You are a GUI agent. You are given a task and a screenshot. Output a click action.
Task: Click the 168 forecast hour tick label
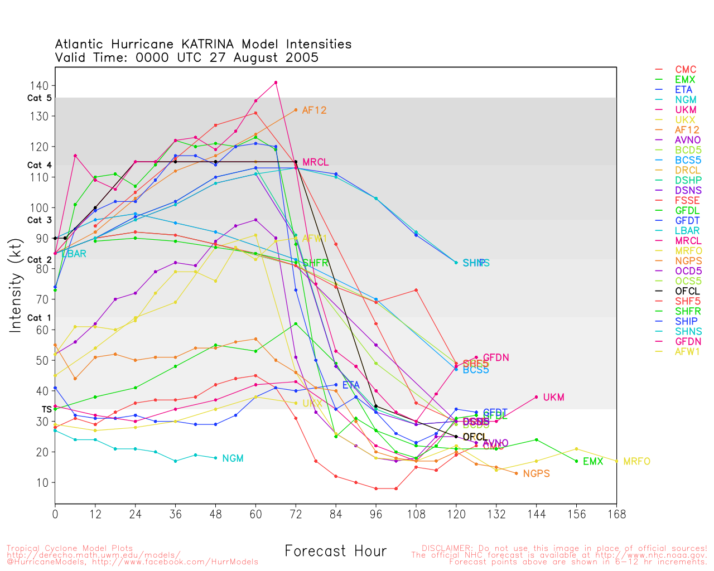[616, 514]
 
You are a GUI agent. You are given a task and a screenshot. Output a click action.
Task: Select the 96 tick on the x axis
[376, 514]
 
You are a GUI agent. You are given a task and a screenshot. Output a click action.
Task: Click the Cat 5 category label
[39, 98]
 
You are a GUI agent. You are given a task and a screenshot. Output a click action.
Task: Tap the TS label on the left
[46, 409]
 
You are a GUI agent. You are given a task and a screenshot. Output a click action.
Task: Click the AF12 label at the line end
[314, 110]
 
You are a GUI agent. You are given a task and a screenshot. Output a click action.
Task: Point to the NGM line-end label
[233, 458]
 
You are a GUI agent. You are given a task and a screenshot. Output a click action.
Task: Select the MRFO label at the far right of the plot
[636, 462]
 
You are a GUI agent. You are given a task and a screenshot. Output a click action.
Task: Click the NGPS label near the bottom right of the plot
[536, 474]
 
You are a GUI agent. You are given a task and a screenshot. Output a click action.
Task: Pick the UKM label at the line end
[553, 398]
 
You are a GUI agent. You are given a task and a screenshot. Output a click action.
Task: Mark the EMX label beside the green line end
[593, 462]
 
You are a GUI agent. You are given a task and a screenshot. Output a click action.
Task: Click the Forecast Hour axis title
[335, 551]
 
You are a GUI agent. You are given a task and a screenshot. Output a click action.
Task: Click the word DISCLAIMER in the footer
[447, 549]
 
